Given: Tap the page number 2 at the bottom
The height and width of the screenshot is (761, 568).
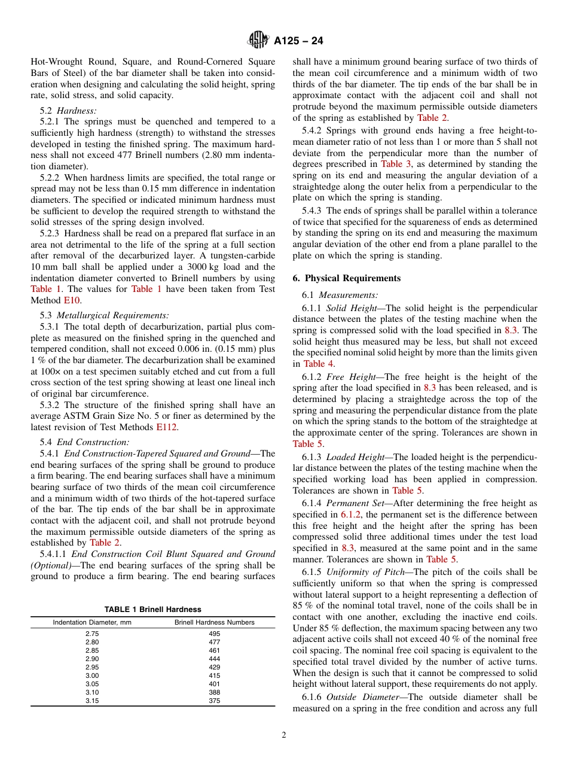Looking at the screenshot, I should point(284,735).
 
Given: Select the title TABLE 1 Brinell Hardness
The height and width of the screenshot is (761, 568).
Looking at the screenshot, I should point(153,609).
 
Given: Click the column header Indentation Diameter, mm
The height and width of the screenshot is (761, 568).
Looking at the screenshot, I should point(92,622).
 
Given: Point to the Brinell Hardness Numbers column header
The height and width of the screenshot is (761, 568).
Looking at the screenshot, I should point(214,622).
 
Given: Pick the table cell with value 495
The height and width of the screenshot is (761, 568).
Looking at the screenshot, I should point(214,634).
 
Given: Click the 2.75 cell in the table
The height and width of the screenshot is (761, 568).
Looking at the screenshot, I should point(92,634).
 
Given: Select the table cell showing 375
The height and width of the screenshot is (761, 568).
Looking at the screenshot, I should point(214,701).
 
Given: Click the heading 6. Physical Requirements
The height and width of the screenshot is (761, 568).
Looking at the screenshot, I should point(347,278).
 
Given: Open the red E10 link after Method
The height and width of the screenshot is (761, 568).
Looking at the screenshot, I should point(72,300).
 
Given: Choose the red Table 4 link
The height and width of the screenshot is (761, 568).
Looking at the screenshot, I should point(318,364).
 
